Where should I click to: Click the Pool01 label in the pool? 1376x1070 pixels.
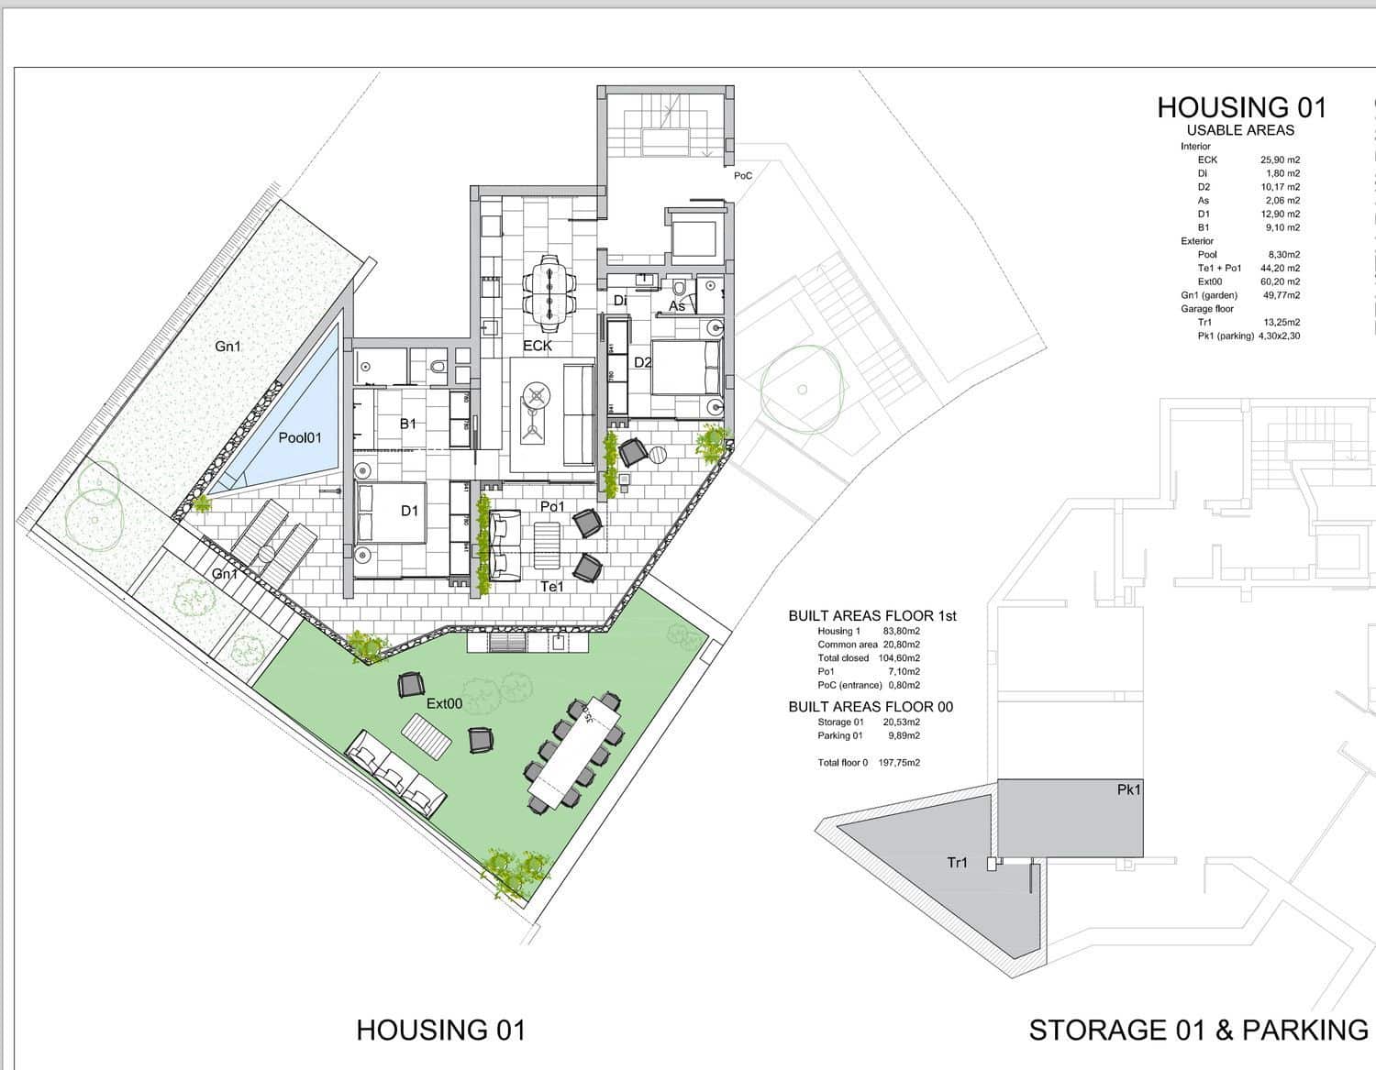point(300,438)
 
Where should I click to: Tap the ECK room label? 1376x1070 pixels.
point(538,346)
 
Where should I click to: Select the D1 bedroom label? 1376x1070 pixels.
point(409,511)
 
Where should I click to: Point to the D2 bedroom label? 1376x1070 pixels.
point(643,362)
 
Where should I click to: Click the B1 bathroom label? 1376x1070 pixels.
point(408,424)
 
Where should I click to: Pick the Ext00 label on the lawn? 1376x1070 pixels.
point(444,703)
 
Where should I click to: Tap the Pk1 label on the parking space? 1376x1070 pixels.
point(1128,789)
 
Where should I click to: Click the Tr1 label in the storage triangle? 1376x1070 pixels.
point(957,863)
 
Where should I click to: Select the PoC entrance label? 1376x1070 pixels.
point(743,175)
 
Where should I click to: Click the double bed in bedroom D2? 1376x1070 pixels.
point(684,369)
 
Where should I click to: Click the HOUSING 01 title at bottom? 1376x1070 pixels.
point(441,1030)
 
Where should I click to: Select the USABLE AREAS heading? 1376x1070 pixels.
point(1240,130)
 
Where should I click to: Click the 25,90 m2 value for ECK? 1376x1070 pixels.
point(1280,160)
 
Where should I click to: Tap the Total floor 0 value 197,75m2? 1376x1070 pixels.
point(899,763)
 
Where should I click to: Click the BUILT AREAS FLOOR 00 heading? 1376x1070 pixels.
point(871,707)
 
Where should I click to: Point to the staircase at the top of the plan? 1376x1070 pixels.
point(666,124)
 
